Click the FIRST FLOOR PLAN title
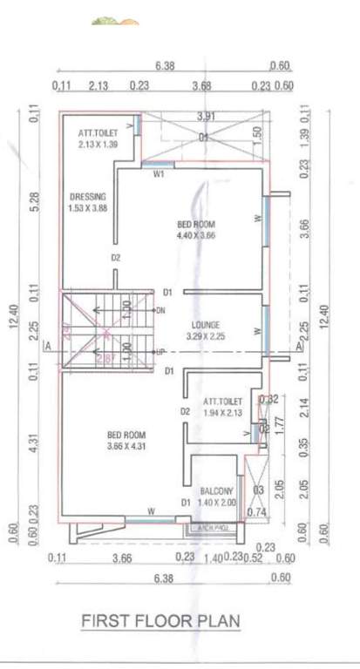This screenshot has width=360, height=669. coord(160,620)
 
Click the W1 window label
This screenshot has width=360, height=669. coord(159,174)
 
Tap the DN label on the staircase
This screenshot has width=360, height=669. coord(160,310)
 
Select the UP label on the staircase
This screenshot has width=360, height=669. coord(160,351)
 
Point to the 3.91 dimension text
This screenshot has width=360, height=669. coord(206,117)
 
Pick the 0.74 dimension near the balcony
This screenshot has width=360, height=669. coord(255,513)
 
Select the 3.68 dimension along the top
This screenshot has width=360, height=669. coord(202,85)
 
